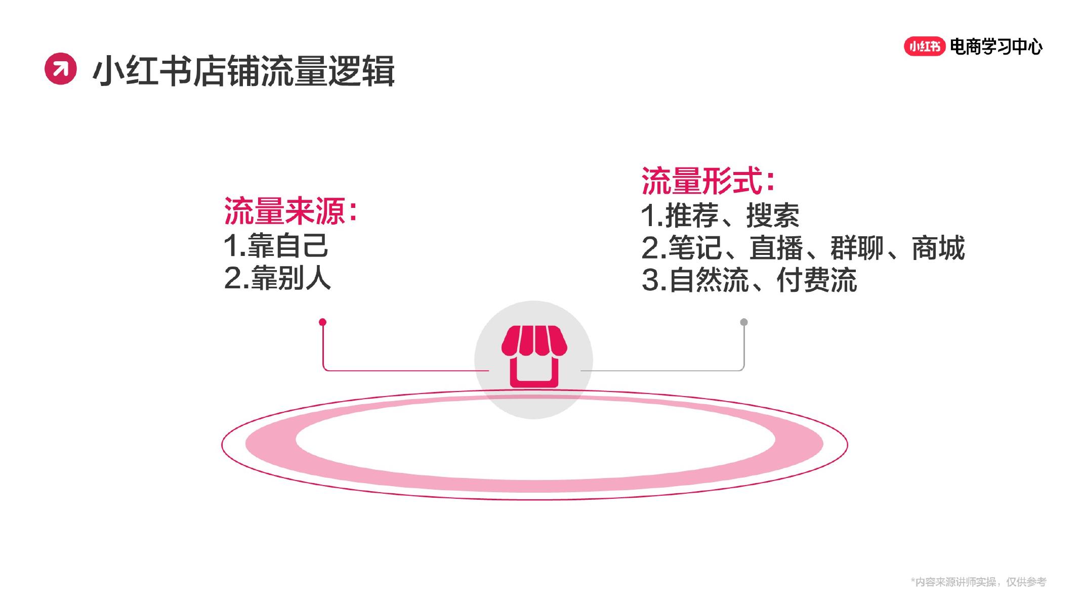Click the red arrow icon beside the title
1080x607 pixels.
(61, 69)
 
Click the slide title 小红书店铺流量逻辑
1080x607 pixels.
(243, 71)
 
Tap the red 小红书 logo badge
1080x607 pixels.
(924, 47)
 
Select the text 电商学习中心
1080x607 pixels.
(996, 47)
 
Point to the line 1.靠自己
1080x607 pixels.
(276, 246)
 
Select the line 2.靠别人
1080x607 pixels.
(277, 278)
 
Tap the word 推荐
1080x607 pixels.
(692, 215)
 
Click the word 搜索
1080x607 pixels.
(773, 215)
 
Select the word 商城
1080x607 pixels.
(938, 248)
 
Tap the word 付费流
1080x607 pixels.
(817, 280)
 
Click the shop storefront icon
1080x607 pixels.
(534, 357)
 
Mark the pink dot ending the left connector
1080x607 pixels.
(322, 322)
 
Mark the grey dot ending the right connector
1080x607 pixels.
(744, 322)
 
